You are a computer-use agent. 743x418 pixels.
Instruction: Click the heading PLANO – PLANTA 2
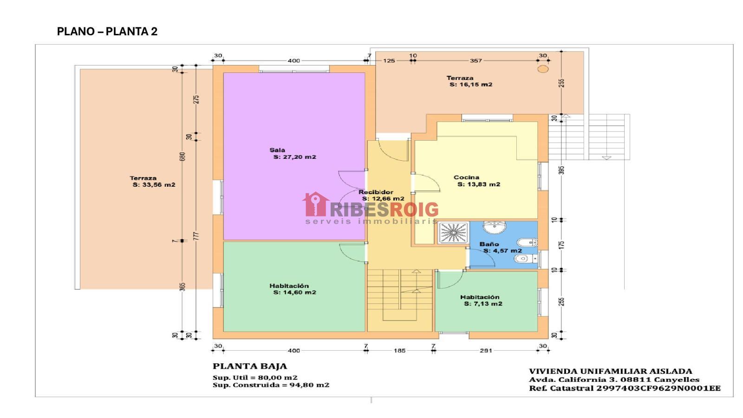point(107,32)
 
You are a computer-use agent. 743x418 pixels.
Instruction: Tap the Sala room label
point(277,150)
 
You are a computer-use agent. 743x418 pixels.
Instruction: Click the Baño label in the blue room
point(489,244)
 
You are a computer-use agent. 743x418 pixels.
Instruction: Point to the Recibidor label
point(376,192)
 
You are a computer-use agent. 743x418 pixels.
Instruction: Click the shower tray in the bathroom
point(453,233)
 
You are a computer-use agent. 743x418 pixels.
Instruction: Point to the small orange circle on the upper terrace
point(543,69)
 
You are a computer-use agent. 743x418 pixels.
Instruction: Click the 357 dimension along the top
point(476,61)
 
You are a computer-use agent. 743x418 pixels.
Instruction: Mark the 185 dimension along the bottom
point(400,350)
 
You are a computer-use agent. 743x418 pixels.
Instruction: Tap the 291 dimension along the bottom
point(486,350)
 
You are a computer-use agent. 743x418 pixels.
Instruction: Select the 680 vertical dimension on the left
point(182,157)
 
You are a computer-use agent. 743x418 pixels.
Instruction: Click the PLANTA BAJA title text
point(250,366)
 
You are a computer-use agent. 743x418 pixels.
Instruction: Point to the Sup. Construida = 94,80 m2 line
point(271,385)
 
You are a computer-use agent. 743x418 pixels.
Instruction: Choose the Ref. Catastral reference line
point(625,388)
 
